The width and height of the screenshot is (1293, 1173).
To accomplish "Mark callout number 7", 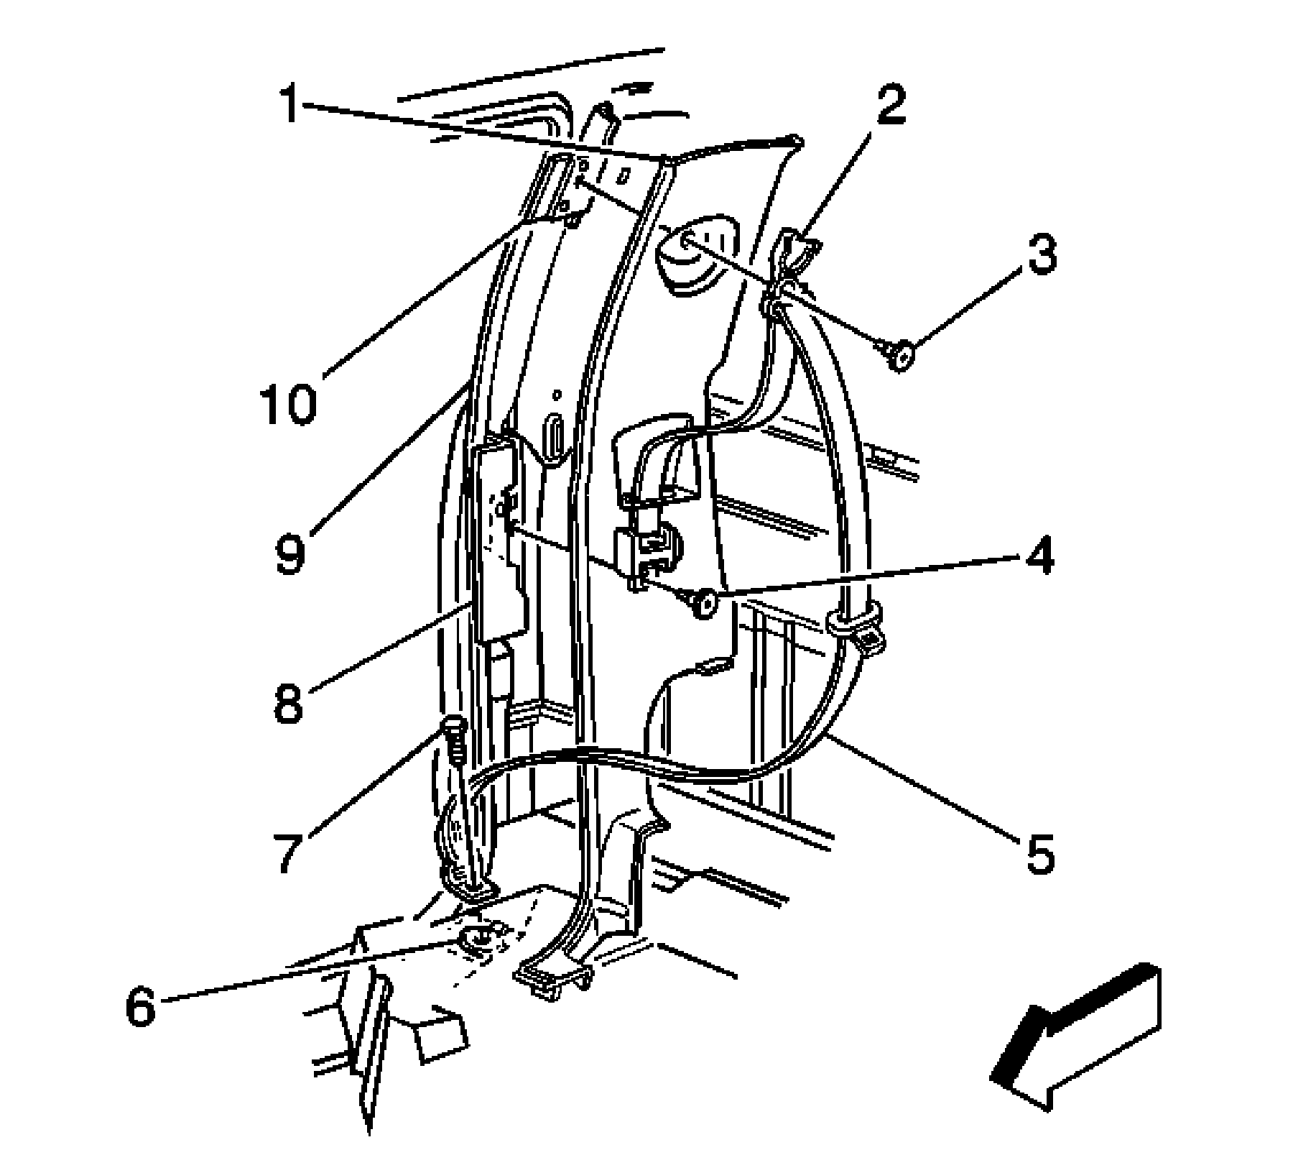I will [x=287, y=853].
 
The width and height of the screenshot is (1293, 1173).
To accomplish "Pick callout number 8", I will [x=288, y=702].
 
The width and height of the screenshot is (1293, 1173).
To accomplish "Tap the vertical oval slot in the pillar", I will [x=555, y=437].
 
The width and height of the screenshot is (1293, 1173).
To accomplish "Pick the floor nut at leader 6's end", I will [x=477, y=939].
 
